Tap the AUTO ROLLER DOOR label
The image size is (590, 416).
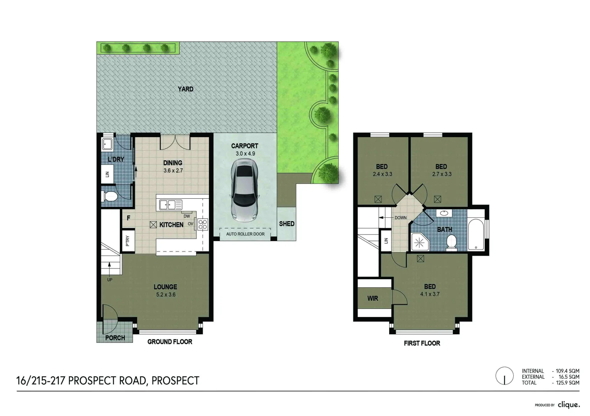tap(245, 234)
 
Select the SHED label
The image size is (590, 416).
tap(287, 224)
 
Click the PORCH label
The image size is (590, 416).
tap(115, 338)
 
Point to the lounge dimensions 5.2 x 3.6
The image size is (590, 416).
tap(166, 295)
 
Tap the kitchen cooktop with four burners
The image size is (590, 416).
tap(203, 224)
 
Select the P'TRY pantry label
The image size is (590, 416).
tap(128, 241)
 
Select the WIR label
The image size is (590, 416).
tap(372, 299)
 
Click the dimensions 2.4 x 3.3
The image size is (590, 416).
tap(382, 174)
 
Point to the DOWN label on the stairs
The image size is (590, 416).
tap(400, 218)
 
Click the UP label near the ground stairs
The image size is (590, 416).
tap(110, 280)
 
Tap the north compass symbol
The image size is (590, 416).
tap(504, 376)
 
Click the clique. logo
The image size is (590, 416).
tap(568, 405)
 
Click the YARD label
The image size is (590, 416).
tap(185, 89)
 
